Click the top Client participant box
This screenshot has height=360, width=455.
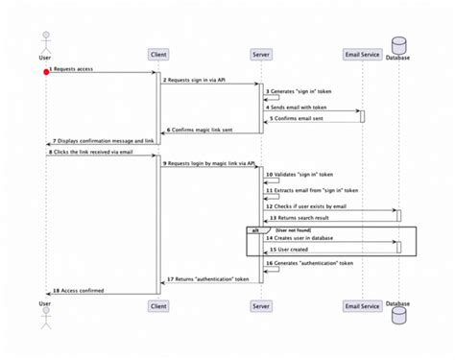(x=158, y=53)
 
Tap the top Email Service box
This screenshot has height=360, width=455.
(x=362, y=53)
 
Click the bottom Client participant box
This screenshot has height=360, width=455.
(x=158, y=305)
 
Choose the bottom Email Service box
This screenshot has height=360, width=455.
(x=362, y=305)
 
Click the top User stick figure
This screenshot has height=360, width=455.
(x=44, y=44)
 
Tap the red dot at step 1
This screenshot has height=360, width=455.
(x=45, y=71)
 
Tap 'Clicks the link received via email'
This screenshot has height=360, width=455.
(x=91, y=152)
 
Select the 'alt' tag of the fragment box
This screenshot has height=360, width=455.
(x=254, y=230)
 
